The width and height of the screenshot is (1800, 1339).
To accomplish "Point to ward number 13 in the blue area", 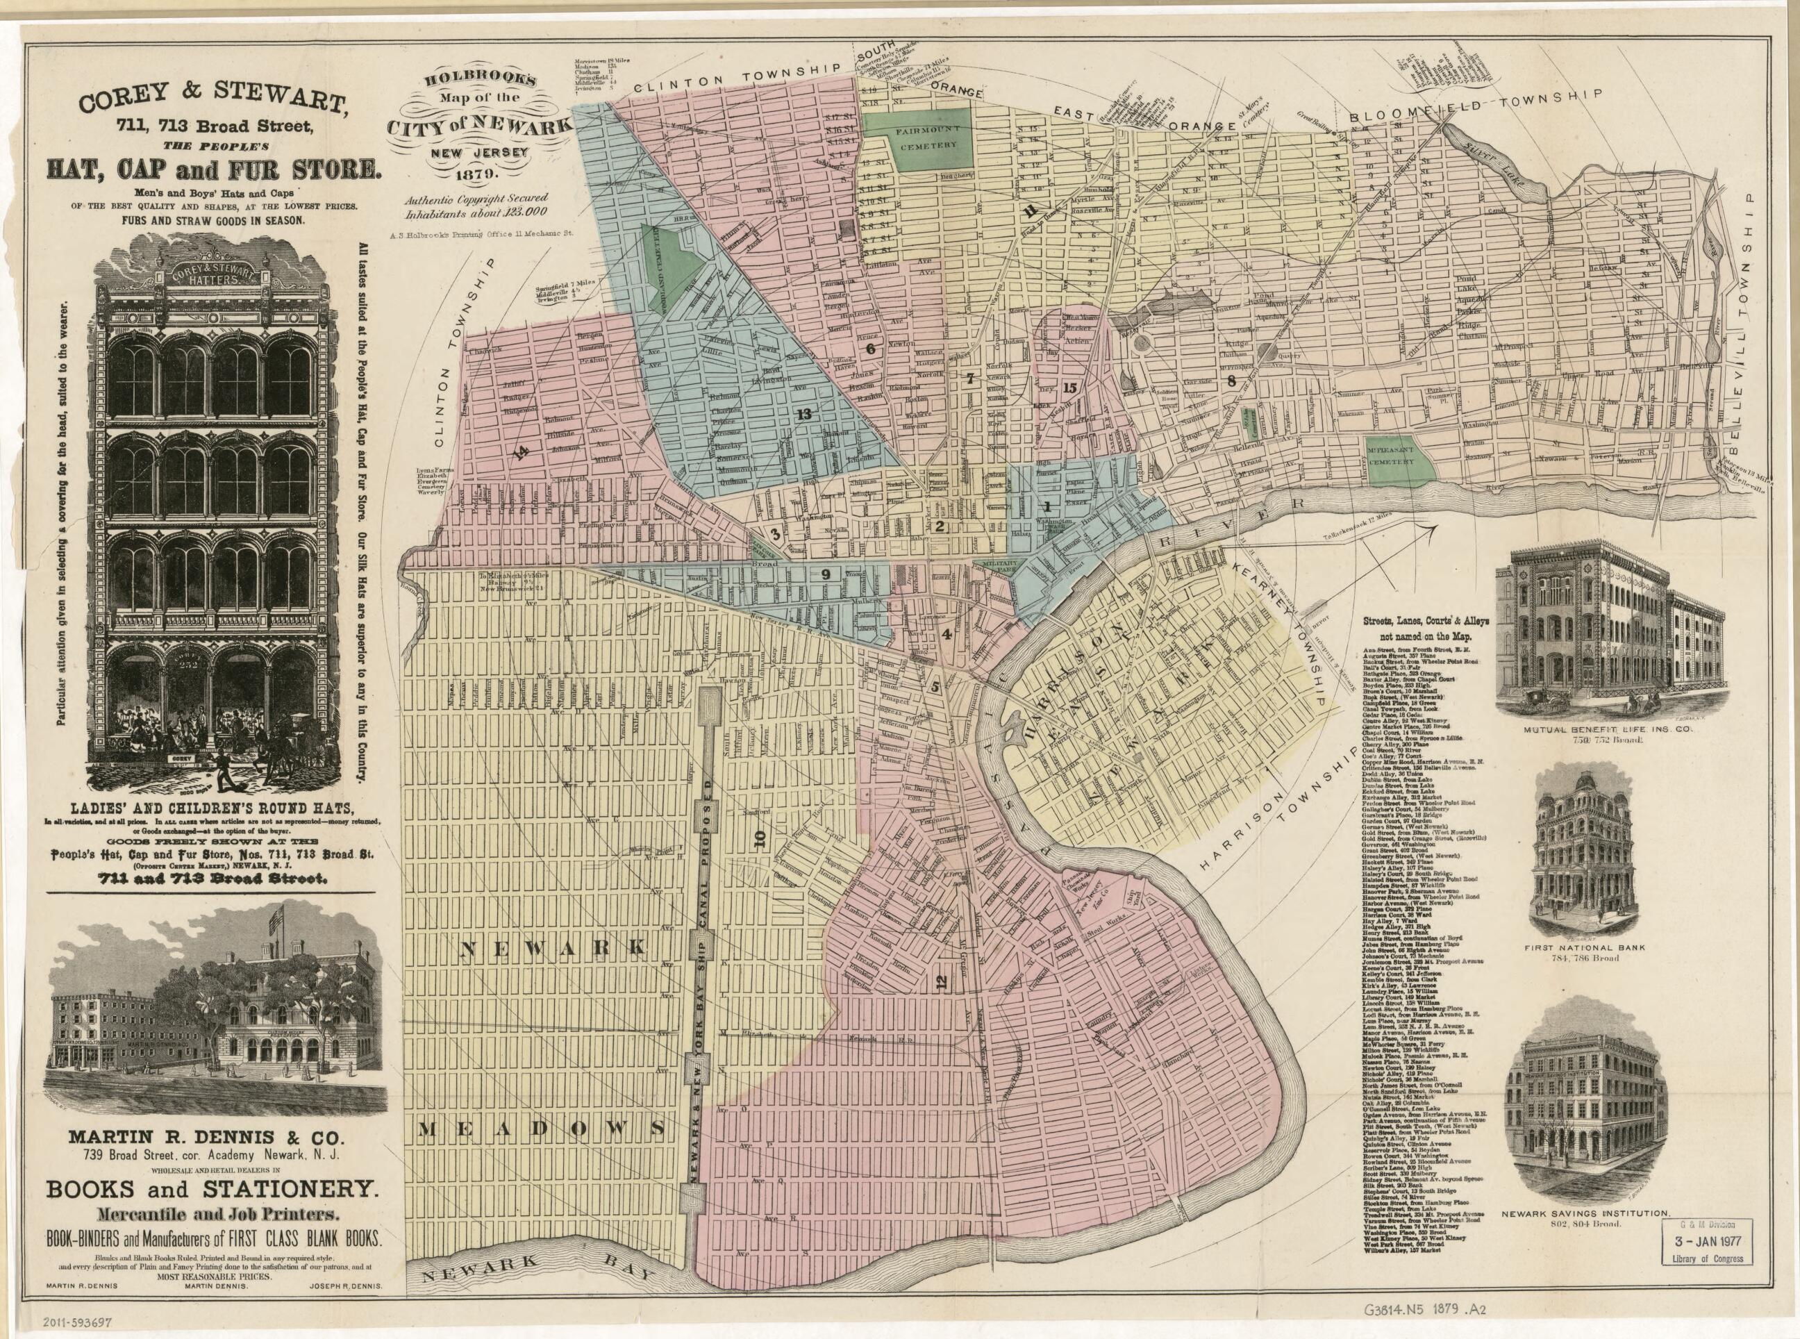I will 803,414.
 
